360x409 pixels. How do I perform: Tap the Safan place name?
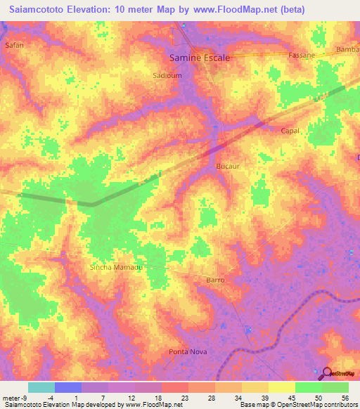(x=14, y=45)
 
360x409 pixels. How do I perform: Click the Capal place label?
(x=290, y=131)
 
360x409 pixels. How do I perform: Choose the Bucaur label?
(x=228, y=166)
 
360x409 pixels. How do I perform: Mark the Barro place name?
(x=215, y=280)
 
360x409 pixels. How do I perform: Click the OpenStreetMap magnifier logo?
(x=328, y=373)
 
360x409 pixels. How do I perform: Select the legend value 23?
(x=174, y=398)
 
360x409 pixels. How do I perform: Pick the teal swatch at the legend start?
(x=41, y=387)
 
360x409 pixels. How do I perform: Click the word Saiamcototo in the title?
(x=39, y=8)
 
